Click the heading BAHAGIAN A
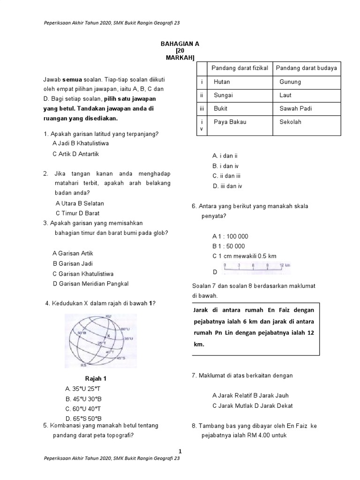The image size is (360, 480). pyautogui.click(x=180, y=44)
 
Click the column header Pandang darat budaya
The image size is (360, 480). pyautogui.click(x=306, y=68)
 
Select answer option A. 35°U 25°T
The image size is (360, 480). pyautogui.click(x=84, y=389)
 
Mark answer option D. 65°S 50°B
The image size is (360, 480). pyautogui.click(x=84, y=418)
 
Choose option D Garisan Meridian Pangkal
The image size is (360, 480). pyautogui.click(x=90, y=284)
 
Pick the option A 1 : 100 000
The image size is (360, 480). pyautogui.click(x=230, y=237)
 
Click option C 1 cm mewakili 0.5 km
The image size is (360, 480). pyautogui.click(x=244, y=256)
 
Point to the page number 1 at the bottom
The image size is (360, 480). pyautogui.click(x=180, y=450)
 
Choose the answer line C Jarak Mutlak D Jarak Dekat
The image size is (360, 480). pyautogui.click(x=252, y=406)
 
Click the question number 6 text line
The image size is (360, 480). pyautogui.click(x=253, y=206)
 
